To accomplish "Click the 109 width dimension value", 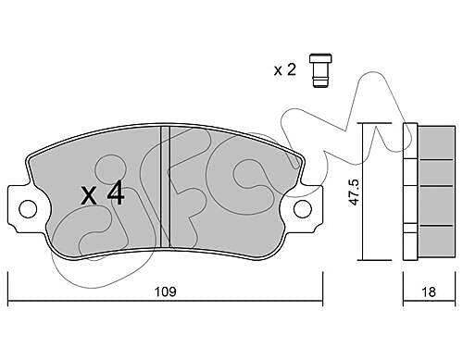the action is pyautogui.click(x=165, y=292).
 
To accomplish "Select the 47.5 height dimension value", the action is pyautogui.click(x=354, y=192).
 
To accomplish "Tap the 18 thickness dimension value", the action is pyautogui.click(x=429, y=292).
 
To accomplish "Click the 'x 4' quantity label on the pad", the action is pyautogui.click(x=103, y=192).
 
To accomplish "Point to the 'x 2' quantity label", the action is pyautogui.click(x=285, y=70).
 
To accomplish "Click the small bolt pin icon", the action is pyautogui.click(x=320, y=71).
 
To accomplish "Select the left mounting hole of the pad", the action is pyautogui.click(x=28, y=208).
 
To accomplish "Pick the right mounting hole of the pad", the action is pyautogui.click(x=303, y=209).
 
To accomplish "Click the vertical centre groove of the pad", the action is pyautogui.click(x=165, y=187).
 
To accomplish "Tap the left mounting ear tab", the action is pyautogui.click(x=21, y=208).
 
